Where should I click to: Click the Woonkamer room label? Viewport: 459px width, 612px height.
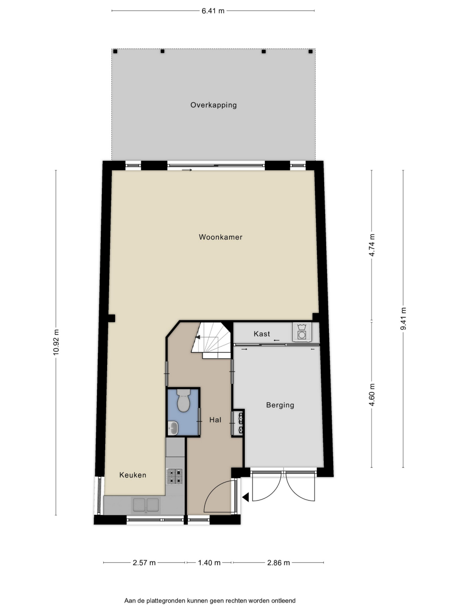220,237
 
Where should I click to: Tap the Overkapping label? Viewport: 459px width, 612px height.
213,105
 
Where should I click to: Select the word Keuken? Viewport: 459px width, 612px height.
132,475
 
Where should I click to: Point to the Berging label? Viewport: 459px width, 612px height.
280,405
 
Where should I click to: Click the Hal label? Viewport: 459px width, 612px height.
215,420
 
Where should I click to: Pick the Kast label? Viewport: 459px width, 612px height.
262,334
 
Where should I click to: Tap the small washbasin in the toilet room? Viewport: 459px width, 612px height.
174,428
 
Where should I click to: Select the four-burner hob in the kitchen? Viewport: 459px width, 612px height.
175,476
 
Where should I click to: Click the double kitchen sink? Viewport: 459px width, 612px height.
146,505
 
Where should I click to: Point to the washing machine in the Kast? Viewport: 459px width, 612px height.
302,332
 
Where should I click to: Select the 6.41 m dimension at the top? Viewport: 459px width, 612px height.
213,11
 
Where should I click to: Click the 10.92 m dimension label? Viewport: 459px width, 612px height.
56,342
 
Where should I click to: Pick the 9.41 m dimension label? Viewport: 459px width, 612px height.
403,318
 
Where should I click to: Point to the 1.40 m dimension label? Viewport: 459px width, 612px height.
209,563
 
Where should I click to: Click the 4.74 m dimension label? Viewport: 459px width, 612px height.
372,245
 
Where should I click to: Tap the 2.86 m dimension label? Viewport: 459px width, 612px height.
278,563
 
